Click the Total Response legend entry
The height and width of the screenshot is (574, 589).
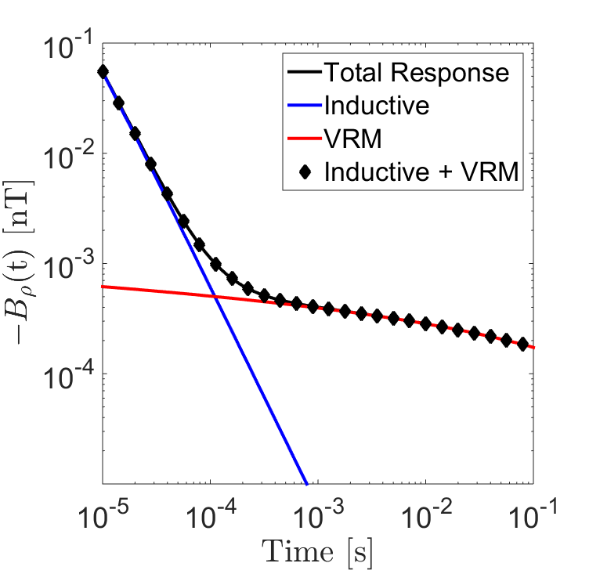click(416, 73)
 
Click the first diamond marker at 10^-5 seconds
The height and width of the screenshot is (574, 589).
click(103, 72)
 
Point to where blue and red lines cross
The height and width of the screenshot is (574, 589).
click(214, 296)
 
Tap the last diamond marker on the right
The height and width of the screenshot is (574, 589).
click(522, 344)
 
